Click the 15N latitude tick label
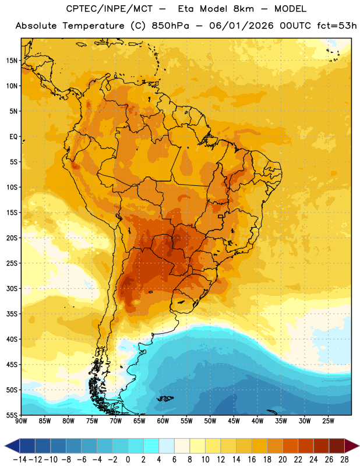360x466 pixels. pyautogui.click(x=12, y=61)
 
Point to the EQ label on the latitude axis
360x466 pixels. pyautogui.click(x=13, y=137)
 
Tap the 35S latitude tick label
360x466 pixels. pyautogui.click(x=12, y=314)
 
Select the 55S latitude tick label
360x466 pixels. pyautogui.click(x=12, y=415)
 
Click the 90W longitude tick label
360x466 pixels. pyautogui.click(x=22, y=421)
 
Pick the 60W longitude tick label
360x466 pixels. pyautogui.click(x=163, y=421)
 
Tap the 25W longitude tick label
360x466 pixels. pyautogui.click(x=328, y=421)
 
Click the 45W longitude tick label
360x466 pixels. pyautogui.click(x=234, y=421)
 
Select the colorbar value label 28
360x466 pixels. pyautogui.click(x=344, y=460)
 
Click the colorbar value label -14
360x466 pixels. pyautogui.click(x=20, y=460)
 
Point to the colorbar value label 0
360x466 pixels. pyautogui.click(x=128, y=460)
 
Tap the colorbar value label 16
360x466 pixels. pyautogui.click(x=252, y=460)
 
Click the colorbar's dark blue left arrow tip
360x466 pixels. pyautogui.click(x=5, y=446)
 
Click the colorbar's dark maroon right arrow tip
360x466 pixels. pyautogui.click(x=359, y=446)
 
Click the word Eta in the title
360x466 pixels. pyautogui.click(x=186, y=9)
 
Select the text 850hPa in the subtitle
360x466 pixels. pyautogui.click(x=170, y=26)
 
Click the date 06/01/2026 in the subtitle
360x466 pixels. pyautogui.click(x=241, y=26)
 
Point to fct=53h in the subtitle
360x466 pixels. pyautogui.click(x=337, y=26)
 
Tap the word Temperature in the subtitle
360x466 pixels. pyautogui.click(x=93, y=26)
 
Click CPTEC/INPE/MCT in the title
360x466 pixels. pyautogui.click(x=110, y=9)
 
